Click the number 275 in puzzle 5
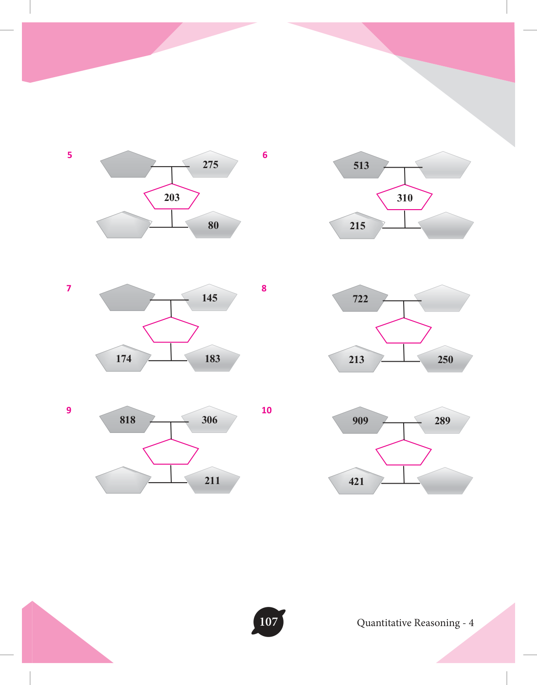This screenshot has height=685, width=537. coord(210,164)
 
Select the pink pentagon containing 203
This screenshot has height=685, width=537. coord(172,196)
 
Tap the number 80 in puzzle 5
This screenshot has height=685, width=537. coord(213,226)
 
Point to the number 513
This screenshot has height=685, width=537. coord(361,165)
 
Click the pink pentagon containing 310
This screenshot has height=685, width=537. coord(405,197)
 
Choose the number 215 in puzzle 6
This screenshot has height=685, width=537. coord(358,226)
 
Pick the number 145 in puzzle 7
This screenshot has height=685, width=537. coord(210,298)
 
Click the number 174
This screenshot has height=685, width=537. coord(124,359)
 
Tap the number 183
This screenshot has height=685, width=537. coord(212,359)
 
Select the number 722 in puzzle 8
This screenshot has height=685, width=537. coord(360,299)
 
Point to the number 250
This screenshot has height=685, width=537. coord(445,360)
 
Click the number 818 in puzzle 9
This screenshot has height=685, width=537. coord(127,420)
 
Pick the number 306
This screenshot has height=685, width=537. coord(210,420)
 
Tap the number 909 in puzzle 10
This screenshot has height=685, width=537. coord(360,421)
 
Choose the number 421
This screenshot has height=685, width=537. coord(357,482)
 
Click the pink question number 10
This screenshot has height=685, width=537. coord(267,410)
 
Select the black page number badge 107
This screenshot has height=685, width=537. coord(268,622)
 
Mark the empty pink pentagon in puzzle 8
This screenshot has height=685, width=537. coord(404,330)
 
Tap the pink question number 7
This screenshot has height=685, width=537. coord(69,288)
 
